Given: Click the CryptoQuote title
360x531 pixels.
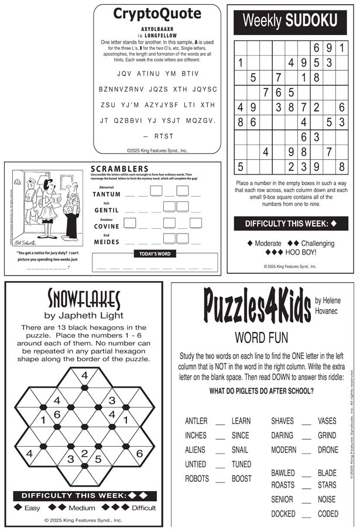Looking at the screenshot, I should click(x=157, y=14).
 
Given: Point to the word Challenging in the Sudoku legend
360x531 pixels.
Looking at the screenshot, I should click(x=318, y=243).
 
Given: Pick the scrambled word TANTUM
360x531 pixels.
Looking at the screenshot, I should click(x=107, y=194).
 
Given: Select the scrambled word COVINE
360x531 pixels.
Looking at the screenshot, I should click(x=107, y=226).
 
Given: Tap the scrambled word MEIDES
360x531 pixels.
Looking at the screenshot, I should click(x=107, y=242).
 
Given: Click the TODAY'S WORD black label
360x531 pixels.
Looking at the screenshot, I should click(x=155, y=254).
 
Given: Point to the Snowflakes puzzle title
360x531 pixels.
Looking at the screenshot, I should click(x=84, y=300).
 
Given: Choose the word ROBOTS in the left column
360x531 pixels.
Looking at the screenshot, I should click(x=197, y=478).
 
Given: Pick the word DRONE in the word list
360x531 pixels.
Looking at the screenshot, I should click(x=328, y=450).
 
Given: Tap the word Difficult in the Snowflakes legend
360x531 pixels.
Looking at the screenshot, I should click(x=143, y=508).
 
